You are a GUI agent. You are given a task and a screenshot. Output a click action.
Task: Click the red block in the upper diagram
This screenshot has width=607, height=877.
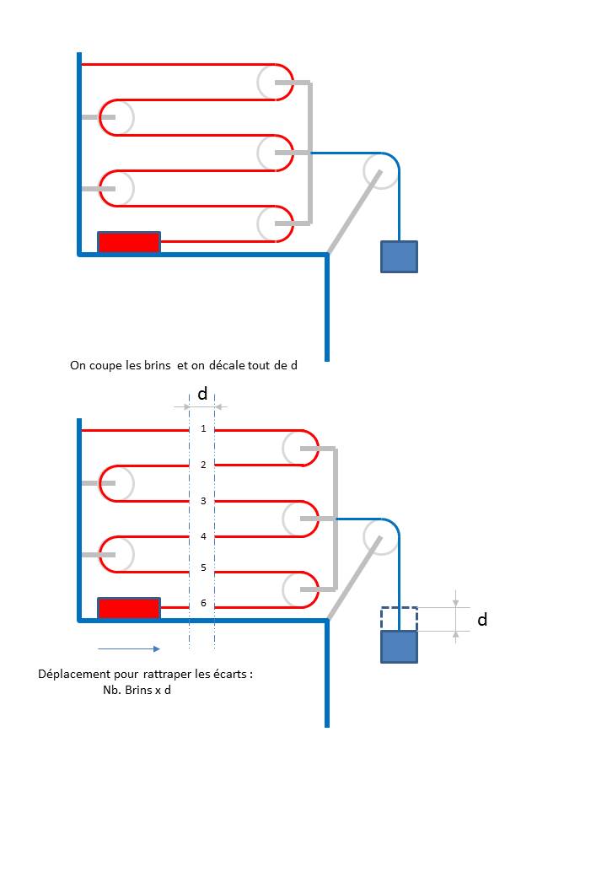coord(129,242)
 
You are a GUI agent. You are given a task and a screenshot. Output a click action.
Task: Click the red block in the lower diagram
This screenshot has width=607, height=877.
coord(129,608)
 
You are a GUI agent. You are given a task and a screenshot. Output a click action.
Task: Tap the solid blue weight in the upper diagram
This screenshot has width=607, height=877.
coord(399,256)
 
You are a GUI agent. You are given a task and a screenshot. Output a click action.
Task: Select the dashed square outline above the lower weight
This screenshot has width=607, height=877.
coord(399,619)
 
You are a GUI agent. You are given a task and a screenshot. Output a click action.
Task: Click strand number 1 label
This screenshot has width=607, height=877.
coord(203,429)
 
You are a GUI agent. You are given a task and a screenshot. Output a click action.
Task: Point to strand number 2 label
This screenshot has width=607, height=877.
coord(203,465)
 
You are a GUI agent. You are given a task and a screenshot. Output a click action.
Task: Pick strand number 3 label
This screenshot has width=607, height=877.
coord(203,501)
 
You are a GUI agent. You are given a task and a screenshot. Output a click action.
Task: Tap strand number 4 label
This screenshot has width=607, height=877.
coord(203,536)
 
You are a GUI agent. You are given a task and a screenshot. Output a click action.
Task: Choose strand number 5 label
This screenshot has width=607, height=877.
coord(203,568)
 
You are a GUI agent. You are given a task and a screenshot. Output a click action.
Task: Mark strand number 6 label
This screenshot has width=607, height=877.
coord(203,603)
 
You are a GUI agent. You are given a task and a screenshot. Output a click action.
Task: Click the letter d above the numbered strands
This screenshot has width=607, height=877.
coord(202,394)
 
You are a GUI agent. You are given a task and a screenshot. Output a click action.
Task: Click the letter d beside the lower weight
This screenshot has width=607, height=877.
coord(482,620)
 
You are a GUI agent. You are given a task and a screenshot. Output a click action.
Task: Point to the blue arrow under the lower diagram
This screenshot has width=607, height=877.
coord(129,648)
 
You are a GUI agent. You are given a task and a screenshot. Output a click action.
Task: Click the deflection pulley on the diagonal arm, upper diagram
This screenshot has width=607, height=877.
coord(380,170)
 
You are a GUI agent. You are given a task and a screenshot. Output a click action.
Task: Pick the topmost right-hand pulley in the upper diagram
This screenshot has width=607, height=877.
coord(275,83)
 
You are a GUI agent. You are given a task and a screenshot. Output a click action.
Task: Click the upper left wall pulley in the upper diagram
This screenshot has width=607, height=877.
coord(117,117)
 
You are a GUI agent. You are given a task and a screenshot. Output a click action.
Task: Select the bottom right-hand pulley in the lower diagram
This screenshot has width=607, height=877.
coord(300,589)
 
